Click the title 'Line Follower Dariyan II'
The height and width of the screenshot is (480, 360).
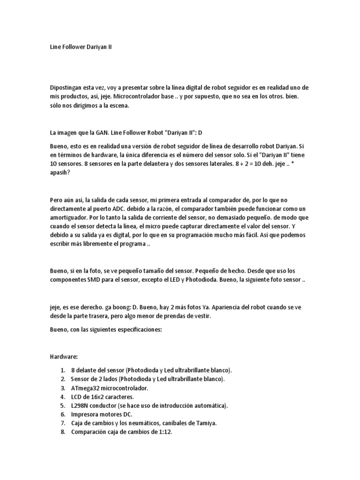81,47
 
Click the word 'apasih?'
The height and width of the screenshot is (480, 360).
60,172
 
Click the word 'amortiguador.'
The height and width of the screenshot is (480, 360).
69,218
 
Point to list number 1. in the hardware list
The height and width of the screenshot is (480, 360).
62,370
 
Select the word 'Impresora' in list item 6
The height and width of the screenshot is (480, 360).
86,414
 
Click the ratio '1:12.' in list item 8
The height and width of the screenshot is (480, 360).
165,432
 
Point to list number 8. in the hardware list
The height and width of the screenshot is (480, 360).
62,432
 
